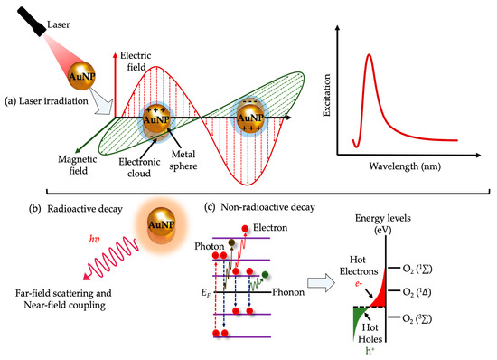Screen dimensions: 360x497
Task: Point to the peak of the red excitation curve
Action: (x=368, y=56)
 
